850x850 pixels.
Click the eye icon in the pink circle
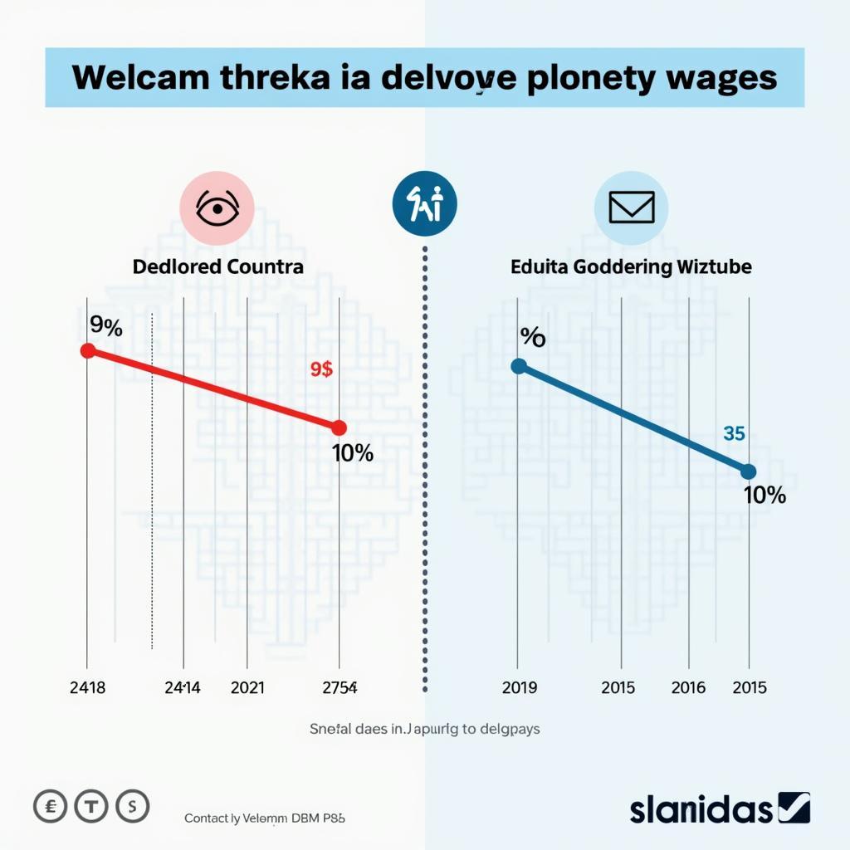tap(217, 208)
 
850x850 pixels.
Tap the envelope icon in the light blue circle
tap(632, 208)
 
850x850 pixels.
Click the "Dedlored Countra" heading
tap(218, 267)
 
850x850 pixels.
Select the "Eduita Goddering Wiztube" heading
tap(631, 267)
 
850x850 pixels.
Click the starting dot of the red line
tap(87, 350)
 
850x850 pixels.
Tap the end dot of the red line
tap(339, 428)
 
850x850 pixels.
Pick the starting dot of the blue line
tap(519, 365)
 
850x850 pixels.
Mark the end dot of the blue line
tap(748, 471)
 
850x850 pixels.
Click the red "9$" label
tap(321, 370)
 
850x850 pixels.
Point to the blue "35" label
tap(734, 433)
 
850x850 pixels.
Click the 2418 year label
tap(87, 687)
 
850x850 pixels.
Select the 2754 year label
tap(340, 687)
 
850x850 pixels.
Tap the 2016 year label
tap(688, 687)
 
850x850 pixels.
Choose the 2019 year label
tap(520, 687)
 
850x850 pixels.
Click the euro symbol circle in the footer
tap(50, 805)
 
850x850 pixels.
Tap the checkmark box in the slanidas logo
tap(794, 807)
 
